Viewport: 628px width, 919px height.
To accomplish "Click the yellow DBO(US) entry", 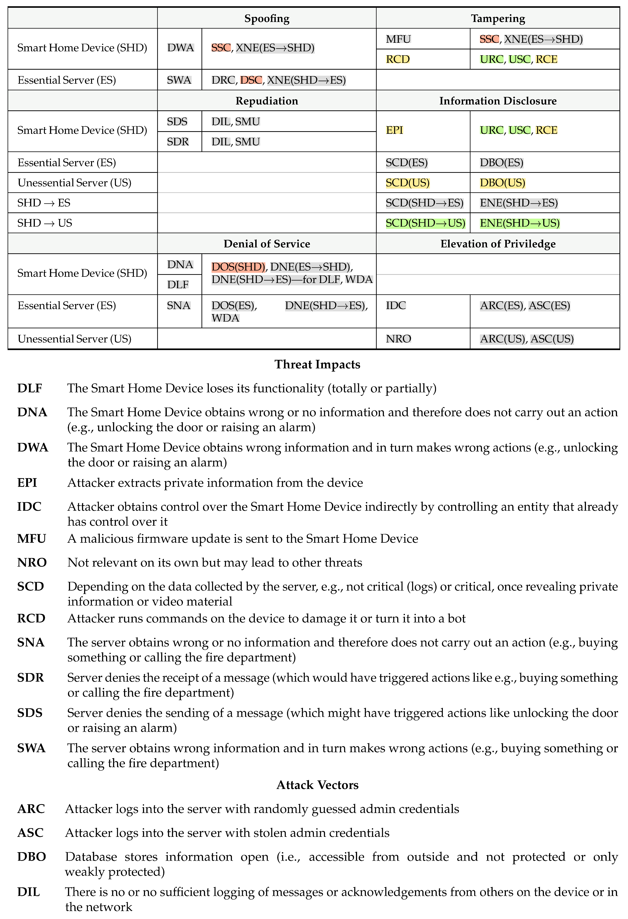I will (x=502, y=183).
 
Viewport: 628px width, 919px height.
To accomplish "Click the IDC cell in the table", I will (x=396, y=305).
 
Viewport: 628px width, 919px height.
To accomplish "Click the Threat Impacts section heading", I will (x=317, y=364).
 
